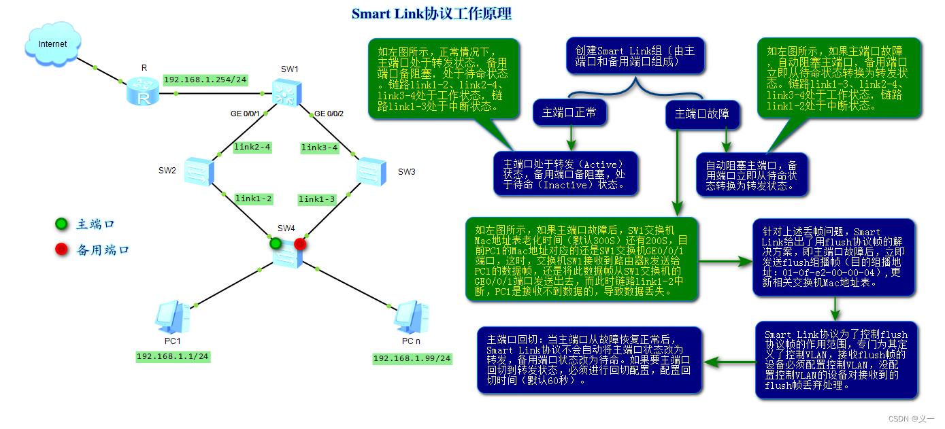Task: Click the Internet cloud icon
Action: click(52, 44)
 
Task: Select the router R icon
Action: click(144, 91)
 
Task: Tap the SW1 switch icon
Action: click(286, 92)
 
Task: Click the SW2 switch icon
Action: click(199, 171)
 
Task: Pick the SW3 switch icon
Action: click(371, 171)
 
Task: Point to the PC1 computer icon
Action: click(171, 316)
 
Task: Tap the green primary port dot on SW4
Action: click(276, 243)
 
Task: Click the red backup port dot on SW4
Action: click(300, 243)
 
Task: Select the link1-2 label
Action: click(253, 199)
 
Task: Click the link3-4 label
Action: click(319, 148)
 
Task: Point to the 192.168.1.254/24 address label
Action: click(205, 80)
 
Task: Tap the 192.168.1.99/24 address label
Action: click(412, 358)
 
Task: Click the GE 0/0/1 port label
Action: click(245, 114)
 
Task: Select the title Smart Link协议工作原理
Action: click(431, 14)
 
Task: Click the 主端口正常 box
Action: click(569, 113)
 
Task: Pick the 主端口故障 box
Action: click(701, 114)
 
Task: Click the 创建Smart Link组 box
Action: click(635, 56)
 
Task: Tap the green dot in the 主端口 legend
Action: click(61, 224)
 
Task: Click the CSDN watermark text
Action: click(912, 419)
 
